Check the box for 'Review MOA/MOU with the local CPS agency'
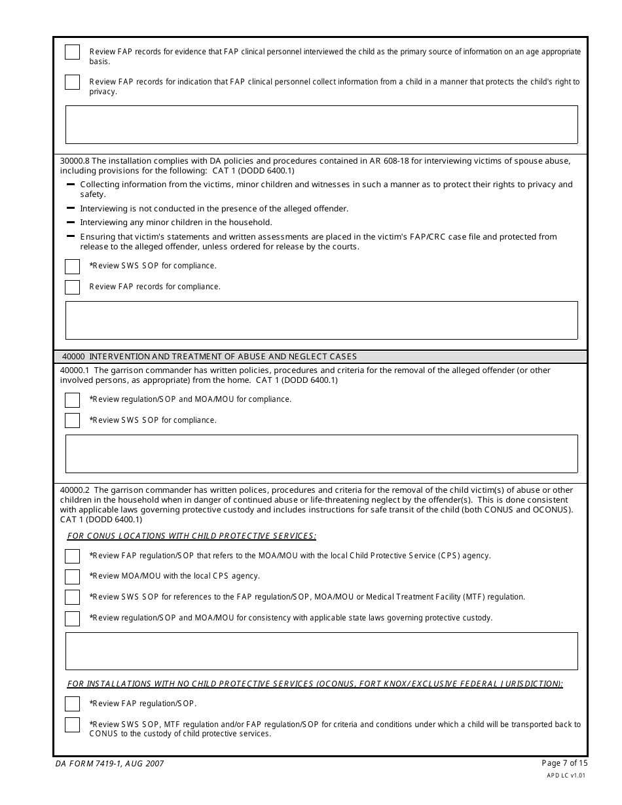tap(72, 577)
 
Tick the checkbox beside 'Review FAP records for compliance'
tap(72, 287)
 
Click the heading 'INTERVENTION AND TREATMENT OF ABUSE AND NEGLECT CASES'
tap(223, 357)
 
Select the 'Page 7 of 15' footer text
tap(564, 763)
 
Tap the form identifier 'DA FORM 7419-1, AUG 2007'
tap(109, 764)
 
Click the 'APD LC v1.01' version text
tap(566, 776)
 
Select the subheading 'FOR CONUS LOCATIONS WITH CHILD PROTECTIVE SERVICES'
tap(191, 536)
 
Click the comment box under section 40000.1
tap(321, 454)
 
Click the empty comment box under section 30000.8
tap(321, 320)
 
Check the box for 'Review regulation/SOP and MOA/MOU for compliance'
tap(72, 400)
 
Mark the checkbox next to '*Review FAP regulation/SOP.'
tap(72, 704)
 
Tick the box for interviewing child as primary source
tap(72, 52)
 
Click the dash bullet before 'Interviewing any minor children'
tap(71, 223)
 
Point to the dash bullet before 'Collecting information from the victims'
tap(71, 185)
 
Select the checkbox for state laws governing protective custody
tap(72, 618)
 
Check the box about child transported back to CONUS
tap(72, 725)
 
